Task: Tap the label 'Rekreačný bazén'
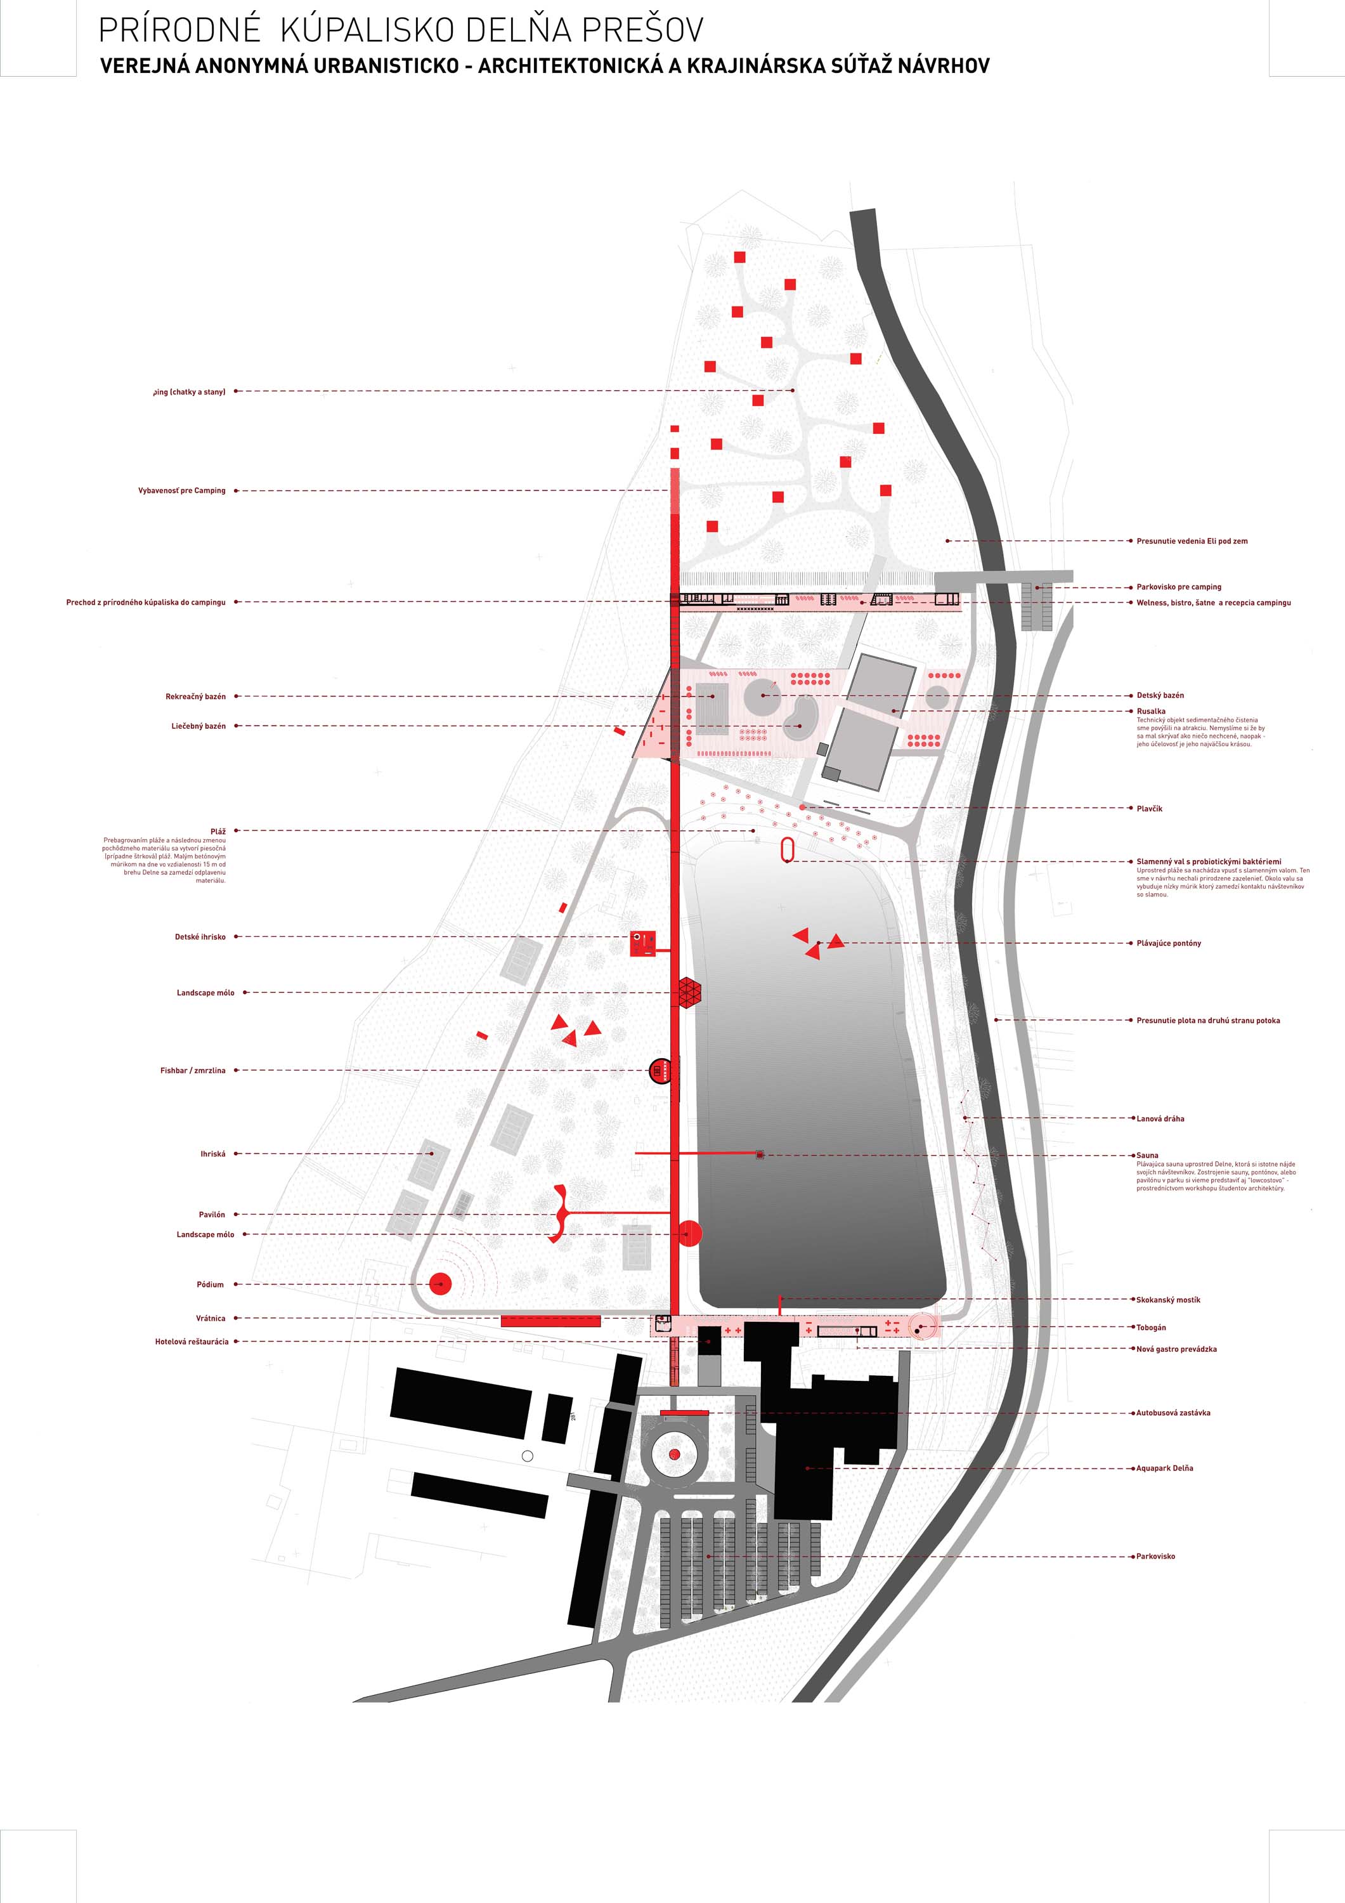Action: pyautogui.click(x=195, y=696)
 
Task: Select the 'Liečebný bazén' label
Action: pyautogui.click(x=198, y=726)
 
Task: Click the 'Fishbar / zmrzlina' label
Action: pyautogui.click(x=192, y=1070)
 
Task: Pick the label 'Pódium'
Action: pyautogui.click(x=210, y=1284)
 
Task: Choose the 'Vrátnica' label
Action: pyautogui.click(x=211, y=1318)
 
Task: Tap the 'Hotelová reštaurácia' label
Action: pyautogui.click(x=192, y=1341)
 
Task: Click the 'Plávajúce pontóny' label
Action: pyautogui.click(x=1169, y=943)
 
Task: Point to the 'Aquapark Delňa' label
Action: pyautogui.click(x=1164, y=1468)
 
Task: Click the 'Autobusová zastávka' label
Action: pyautogui.click(x=1173, y=1412)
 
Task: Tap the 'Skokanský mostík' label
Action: pyautogui.click(x=1167, y=1300)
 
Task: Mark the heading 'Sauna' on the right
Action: pyautogui.click(x=1148, y=1154)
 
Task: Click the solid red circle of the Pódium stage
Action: pyautogui.click(x=440, y=1284)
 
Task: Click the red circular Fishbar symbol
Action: pyautogui.click(x=660, y=1071)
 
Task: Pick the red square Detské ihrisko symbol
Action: pyautogui.click(x=642, y=943)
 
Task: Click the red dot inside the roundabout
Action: pyautogui.click(x=673, y=1455)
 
